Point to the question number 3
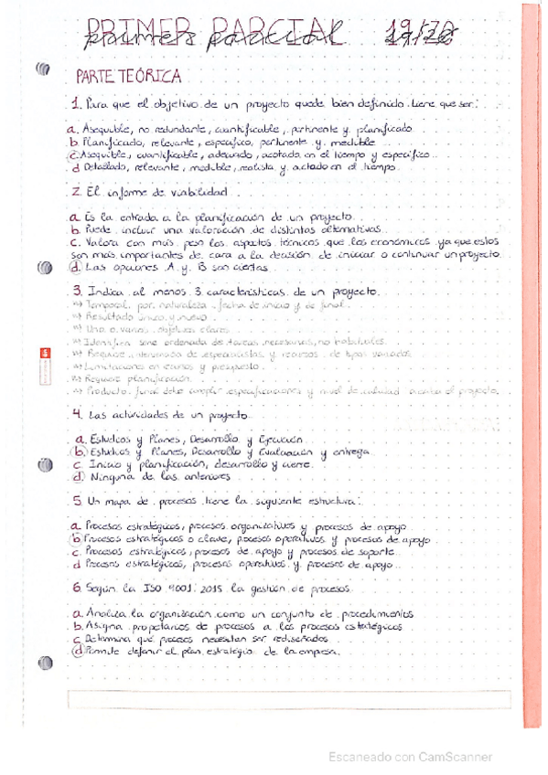76,291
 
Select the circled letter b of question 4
79,451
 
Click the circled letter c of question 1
74,155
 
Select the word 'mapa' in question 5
121,502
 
